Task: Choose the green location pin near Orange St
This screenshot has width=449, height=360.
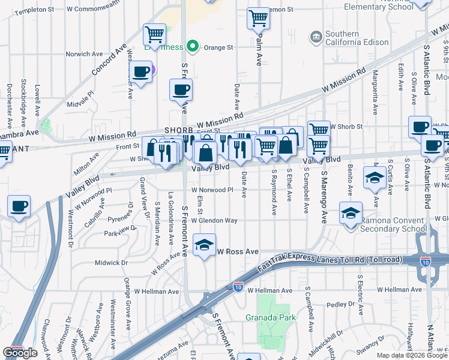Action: pyautogui.click(x=192, y=46)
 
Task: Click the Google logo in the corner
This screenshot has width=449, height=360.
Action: pyautogui.click(x=19, y=353)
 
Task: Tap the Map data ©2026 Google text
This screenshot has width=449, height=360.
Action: pyautogui.click(x=412, y=355)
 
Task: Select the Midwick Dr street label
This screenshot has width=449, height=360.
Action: pyautogui.click(x=108, y=262)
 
